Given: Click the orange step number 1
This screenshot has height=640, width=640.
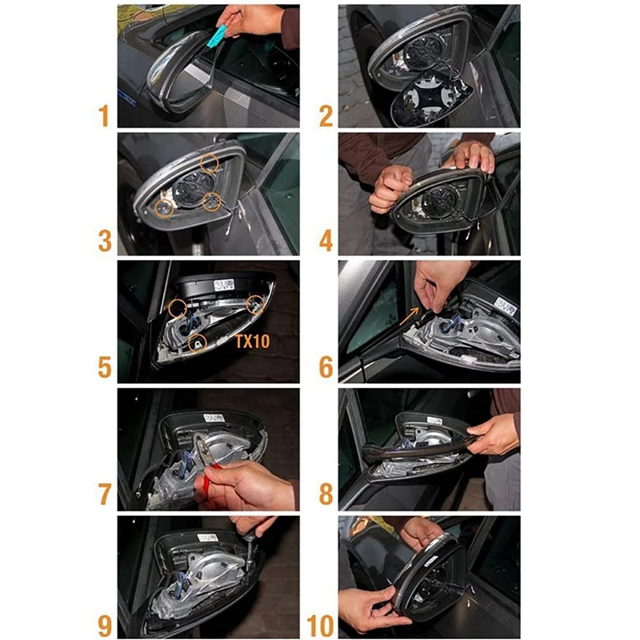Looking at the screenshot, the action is click(x=104, y=115).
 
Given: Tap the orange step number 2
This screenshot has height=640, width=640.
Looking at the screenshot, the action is click(x=326, y=116).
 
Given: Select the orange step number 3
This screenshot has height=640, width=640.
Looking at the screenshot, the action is click(x=105, y=241).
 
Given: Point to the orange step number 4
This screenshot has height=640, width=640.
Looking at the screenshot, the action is click(x=326, y=241).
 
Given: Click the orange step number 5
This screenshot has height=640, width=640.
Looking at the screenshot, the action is click(x=105, y=367).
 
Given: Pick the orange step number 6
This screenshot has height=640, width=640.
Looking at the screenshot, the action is click(x=326, y=367).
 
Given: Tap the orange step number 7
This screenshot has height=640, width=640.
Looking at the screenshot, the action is click(x=105, y=494).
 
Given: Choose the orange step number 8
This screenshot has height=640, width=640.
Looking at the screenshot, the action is click(x=326, y=494).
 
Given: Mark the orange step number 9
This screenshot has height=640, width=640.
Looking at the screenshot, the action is click(x=105, y=626).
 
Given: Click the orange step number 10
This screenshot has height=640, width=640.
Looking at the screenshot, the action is click(x=321, y=626).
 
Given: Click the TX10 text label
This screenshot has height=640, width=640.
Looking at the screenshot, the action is click(x=253, y=342).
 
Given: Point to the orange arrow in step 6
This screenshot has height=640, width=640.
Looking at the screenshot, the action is click(x=409, y=316).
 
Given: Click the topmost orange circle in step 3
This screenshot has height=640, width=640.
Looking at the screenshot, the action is click(x=210, y=163).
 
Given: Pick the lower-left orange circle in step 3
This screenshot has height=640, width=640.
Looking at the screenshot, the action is click(x=164, y=209).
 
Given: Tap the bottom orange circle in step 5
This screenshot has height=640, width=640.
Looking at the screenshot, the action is click(x=198, y=343).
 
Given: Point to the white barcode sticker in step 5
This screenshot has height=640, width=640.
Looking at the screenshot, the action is click(x=224, y=285).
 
